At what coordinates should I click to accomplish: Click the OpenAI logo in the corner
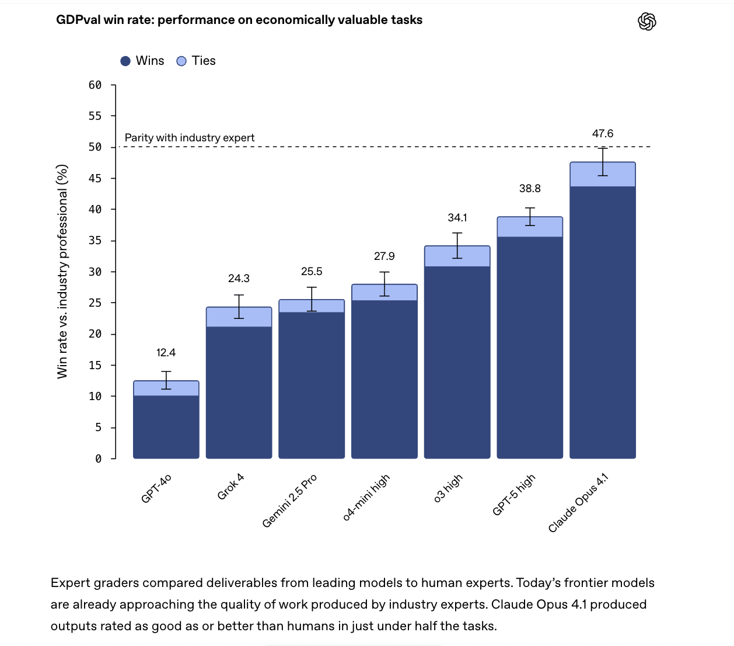click(646, 22)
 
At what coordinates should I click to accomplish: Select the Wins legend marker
click(125, 61)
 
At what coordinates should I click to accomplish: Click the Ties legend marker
click(181, 61)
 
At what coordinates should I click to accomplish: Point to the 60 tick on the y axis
click(95, 85)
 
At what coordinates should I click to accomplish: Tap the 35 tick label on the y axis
click(95, 241)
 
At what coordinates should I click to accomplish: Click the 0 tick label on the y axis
click(98, 459)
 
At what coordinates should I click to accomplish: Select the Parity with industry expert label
click(190, 138)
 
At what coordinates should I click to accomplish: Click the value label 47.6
click(603, 134)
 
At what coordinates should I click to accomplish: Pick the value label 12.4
click(166, 353)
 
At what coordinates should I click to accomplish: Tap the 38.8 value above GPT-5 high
click(530, 189)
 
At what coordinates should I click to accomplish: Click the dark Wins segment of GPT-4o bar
click(166, 427)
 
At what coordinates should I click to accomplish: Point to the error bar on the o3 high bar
click(457, 245)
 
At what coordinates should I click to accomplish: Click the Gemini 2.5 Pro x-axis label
click(289, 501)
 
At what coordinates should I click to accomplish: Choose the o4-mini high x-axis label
click(366, 497)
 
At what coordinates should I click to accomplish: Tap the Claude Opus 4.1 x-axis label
click(578, 503)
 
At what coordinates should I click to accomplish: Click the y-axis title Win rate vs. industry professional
click(62, 272)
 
